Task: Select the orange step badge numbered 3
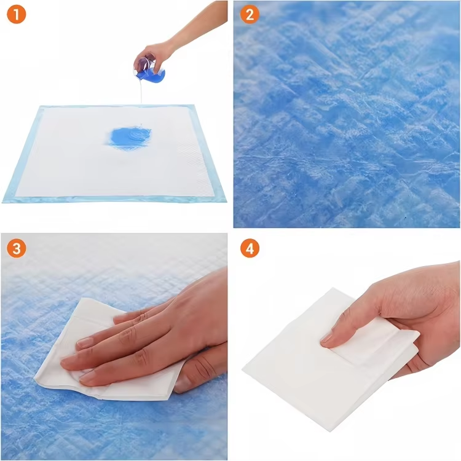17,249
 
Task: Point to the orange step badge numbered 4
250,249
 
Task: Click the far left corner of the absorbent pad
40,108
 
